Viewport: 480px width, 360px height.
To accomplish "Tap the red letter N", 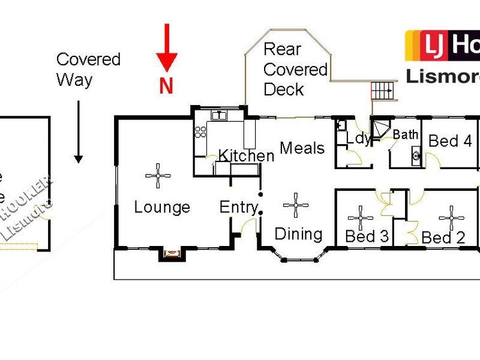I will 166,86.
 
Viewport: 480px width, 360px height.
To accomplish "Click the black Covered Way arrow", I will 78,132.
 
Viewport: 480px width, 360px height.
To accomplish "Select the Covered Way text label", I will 88,69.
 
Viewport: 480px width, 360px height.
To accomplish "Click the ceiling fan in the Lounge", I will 158,175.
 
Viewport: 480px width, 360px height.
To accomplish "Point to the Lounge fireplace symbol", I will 171,254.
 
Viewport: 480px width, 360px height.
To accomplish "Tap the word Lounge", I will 161,208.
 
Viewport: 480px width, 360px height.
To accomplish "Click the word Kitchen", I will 245,156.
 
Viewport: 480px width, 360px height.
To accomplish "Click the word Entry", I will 238,208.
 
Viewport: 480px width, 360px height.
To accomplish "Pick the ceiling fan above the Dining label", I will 296,205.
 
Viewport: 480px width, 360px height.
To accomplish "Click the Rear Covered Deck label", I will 295,70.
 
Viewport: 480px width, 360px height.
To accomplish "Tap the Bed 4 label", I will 450,142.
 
